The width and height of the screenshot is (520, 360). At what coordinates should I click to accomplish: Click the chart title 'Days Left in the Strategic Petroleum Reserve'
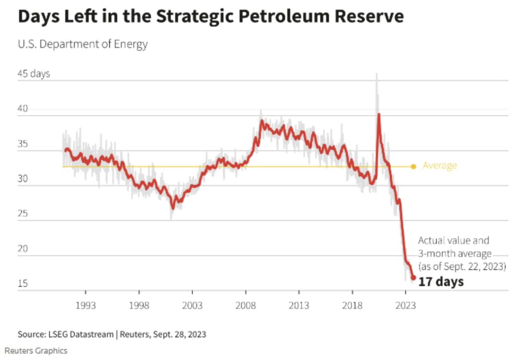coord(210,17)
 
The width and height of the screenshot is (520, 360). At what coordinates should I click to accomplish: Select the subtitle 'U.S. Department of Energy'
coord(83,44)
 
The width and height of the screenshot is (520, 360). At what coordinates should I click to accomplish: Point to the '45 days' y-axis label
coord(34,74)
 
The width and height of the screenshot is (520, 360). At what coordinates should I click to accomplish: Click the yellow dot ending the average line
coord(413,167)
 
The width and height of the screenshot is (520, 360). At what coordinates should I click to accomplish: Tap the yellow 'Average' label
coord(440,166)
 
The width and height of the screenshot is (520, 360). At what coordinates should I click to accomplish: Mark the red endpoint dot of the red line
coord(413,278)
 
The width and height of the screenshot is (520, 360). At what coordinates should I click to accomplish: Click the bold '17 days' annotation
coord(441,282)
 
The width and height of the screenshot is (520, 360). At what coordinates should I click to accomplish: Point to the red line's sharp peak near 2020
coord(379,114)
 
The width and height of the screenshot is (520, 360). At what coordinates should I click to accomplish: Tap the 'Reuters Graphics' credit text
coord(36,350)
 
